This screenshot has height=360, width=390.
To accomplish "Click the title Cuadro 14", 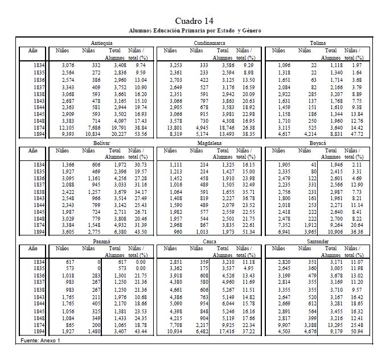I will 195,21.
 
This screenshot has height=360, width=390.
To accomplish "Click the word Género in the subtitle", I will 249,30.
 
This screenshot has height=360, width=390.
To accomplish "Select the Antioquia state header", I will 101,43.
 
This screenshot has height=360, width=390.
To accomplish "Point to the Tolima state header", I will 318,43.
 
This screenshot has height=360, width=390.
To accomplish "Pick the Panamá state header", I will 101,241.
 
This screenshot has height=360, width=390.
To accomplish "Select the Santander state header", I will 318,241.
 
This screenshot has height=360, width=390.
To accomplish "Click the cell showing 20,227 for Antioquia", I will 117,134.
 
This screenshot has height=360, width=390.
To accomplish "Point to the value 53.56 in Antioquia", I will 138,134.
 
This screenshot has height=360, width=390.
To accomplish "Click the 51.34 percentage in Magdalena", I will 246,232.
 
